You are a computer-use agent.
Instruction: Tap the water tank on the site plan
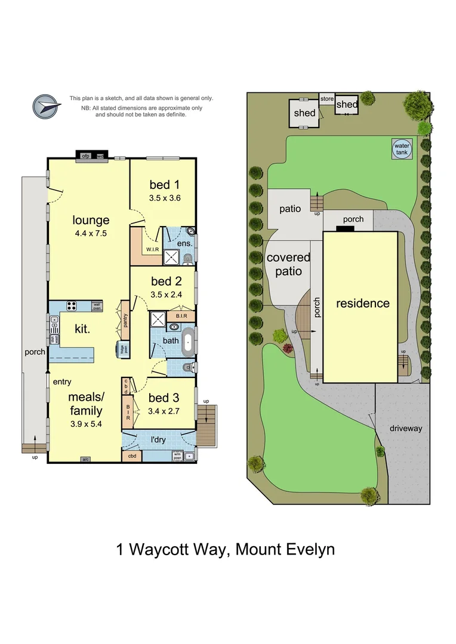[401, 148]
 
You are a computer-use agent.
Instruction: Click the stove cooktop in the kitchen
[71, 306]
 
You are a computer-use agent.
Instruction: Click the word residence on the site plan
[362, 303]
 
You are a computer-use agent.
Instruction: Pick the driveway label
[406, 428]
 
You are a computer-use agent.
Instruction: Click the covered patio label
[288, 264]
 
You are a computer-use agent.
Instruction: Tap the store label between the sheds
[326, 99]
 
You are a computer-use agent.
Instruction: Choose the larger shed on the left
[304, 113]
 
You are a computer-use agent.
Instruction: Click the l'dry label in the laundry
[158, 440]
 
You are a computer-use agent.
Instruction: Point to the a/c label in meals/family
[86, 459]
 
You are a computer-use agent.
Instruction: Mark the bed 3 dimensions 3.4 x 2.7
[164, 411]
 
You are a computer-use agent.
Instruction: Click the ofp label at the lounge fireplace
[85, 156]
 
